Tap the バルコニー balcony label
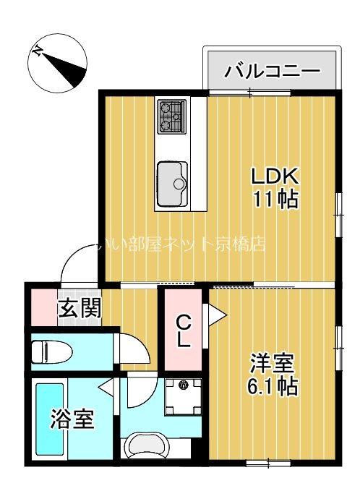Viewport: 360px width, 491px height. click(x=272, y=71)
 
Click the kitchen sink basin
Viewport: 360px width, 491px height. click(x=172, y=176)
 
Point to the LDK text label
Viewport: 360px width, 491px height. click(x=275, y=176)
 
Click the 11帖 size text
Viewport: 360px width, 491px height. click(x=275, y=199)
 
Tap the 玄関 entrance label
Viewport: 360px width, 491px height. click(x=80, y=309)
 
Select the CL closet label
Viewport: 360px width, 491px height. click(x=183, y=330)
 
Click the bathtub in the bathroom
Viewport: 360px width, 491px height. click(x=49, y=420)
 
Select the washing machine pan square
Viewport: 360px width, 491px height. click(x=183, y=396)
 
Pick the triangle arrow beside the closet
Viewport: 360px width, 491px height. click(x=216, y=314)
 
